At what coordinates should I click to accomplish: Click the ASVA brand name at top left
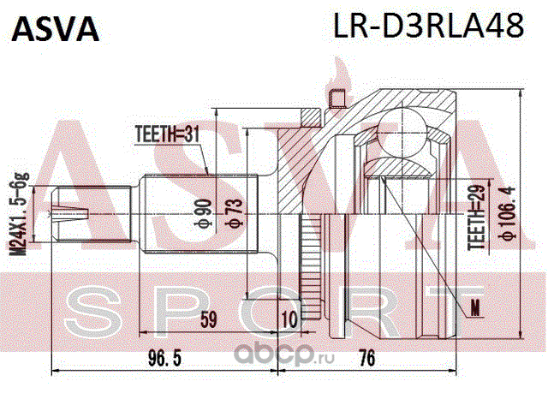(56, 29)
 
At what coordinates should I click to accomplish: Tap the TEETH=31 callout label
(167, 134)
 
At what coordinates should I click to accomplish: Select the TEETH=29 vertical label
(478, 216)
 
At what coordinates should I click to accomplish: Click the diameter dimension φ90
(204, 213)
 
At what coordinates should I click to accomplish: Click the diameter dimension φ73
(234, 213)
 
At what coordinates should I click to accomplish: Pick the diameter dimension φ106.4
(507, 213)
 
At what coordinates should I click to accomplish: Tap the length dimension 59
(208, 319)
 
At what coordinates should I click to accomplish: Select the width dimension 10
(289, 319)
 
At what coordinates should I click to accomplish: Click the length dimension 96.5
(164, 359)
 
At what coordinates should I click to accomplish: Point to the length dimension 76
(366, 359)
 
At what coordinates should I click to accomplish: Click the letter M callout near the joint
(475, 308)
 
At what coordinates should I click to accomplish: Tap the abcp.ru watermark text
(283, 354)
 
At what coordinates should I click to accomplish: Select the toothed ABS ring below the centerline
(310, 266)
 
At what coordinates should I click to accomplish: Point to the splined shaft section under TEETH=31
(200, 213)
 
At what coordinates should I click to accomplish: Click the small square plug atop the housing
(337, 98)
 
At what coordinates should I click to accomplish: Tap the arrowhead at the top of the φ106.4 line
(521, 92)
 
